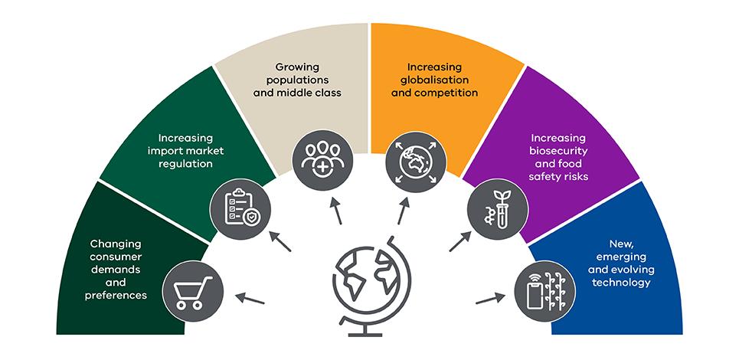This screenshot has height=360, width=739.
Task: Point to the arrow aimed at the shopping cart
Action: [x=249, y=298]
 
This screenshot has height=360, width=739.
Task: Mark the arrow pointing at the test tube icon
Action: [x=459, y=241]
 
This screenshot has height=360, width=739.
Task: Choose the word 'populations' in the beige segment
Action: [x=297, y=80]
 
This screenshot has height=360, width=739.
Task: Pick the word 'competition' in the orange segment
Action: [x=446, y=93]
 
